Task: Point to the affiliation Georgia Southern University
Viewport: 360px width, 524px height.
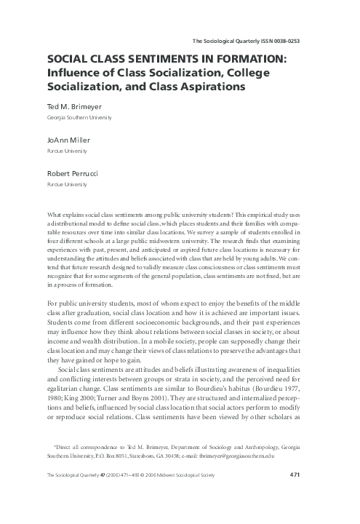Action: pos(79,117)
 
